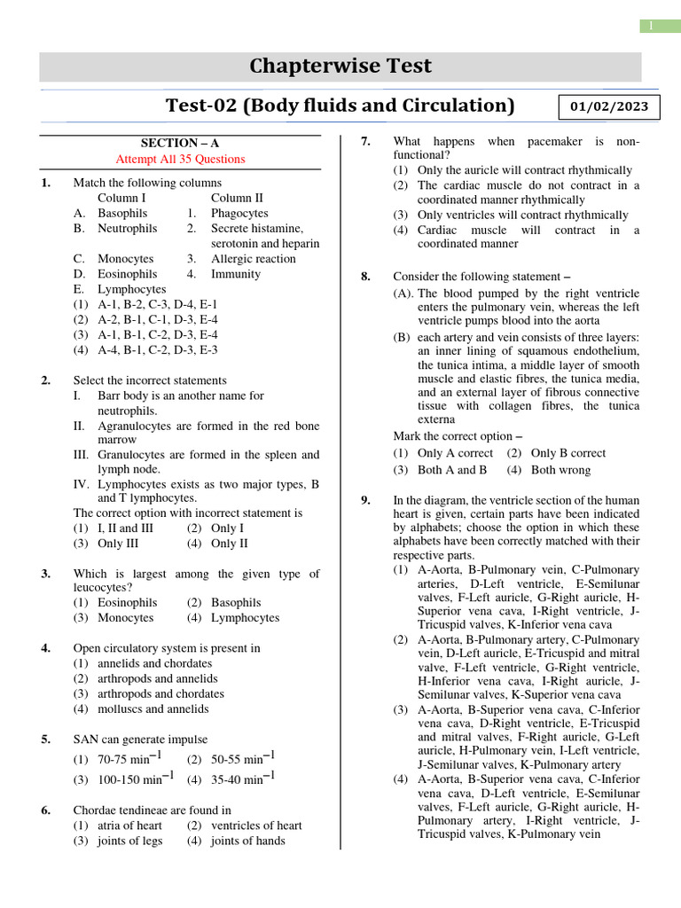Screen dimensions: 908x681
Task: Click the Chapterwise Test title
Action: (x=340, y=67)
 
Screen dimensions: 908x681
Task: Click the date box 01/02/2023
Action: (x=608, y=107)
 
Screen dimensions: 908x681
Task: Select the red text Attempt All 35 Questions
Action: (x=181, y=159)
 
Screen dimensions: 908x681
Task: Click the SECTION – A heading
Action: (x=181, y=143)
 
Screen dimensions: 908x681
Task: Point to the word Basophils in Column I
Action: (x=122, y=214)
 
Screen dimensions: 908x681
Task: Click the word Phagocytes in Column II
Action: (x=239, y=214)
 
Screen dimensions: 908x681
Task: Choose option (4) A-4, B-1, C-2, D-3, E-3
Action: (x=145, y=350)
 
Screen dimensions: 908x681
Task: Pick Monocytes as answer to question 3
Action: (x=125, y=618)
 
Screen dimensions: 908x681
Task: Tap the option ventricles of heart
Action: (x=256, y=826)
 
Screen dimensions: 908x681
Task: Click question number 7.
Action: (x=364, y=142)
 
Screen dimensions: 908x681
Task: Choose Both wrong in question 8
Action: (x=560, y=470)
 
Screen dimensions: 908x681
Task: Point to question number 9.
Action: (x=364, y=501)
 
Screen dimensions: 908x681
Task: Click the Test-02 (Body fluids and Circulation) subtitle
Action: (x=340, y=106)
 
